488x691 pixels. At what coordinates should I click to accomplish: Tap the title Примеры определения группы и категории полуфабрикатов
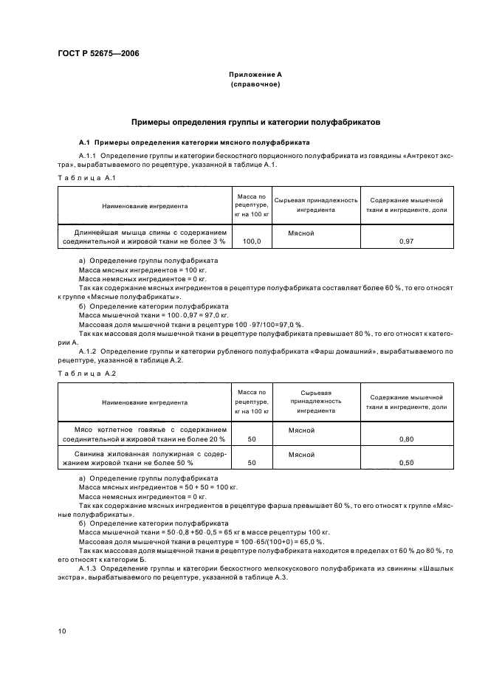[255, 122]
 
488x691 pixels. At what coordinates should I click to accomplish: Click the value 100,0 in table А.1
[252, 241]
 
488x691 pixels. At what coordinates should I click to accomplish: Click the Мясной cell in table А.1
[301, 233]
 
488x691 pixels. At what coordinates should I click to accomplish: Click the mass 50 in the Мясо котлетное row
[252, 439]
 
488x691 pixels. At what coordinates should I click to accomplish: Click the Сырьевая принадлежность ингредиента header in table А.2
[316, 402]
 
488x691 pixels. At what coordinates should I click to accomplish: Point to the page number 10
[63, 630]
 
